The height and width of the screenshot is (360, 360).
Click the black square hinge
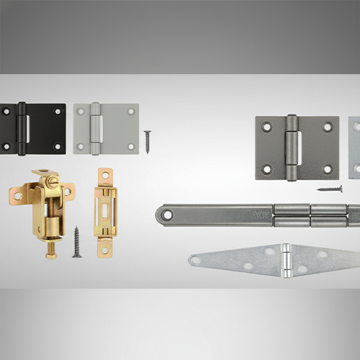coord(32,128)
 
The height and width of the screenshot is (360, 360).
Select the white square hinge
coord(106,128)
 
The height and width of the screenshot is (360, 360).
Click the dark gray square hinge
coord(297,148)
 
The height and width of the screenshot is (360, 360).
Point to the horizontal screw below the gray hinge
coord(330,189)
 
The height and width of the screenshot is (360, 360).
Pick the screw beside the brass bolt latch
coord(76,243)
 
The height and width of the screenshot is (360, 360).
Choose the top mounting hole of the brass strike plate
coord(105,175)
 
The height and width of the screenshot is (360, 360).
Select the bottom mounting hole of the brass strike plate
coord(105,249)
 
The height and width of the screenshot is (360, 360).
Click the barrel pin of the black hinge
coord(22,128)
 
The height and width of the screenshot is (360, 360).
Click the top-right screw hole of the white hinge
coord(131,110)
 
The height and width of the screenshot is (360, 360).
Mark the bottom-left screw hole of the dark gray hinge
coord(267,170)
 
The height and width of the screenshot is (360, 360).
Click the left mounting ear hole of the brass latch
coord(17,194)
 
